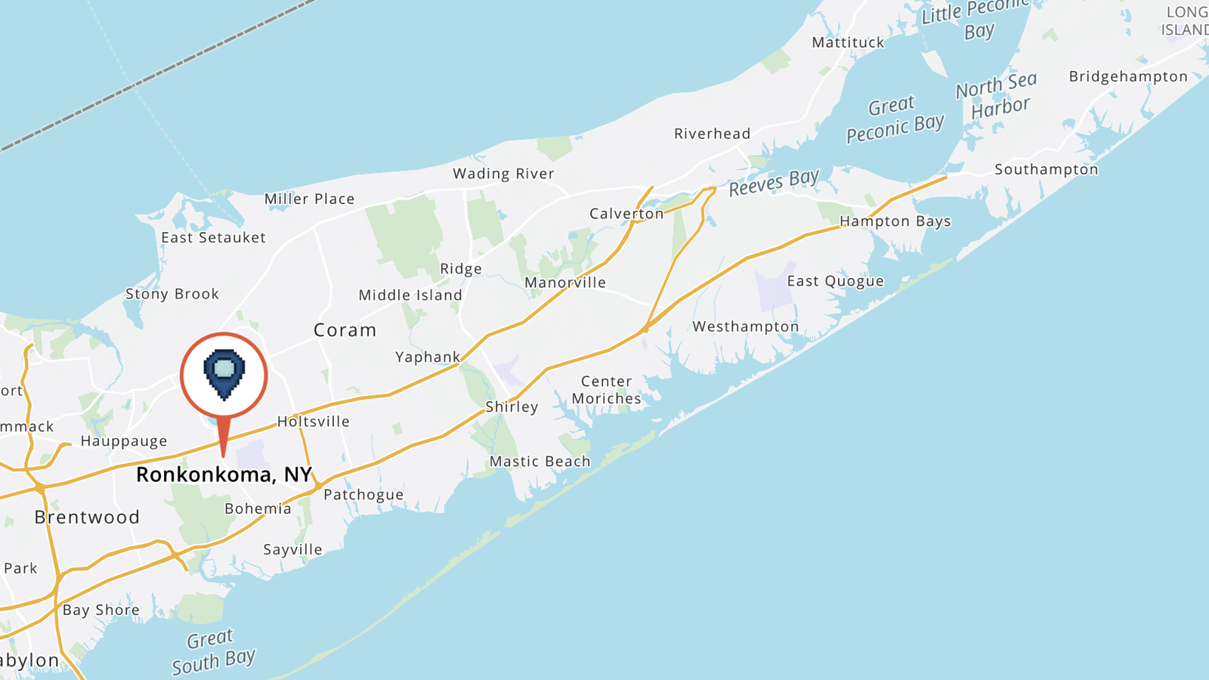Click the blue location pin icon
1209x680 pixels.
tap(224, 373)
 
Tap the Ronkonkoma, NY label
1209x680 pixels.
tap(224, 474)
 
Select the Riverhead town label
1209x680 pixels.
tap(712, 134)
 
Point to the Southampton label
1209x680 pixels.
tap(1046, 169)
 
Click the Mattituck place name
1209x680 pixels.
tap(848, 42)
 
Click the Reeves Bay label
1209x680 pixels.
tap(773, 182)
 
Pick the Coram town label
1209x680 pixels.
tap(345, 330)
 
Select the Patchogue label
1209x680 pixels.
tap(363, 495)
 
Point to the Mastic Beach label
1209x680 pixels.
tap(540, 461)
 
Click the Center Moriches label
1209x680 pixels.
tap(606, 390)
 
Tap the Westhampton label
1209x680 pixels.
tap(745, 326)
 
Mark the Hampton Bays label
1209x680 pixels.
tap(895, 221)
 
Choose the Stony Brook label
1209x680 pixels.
tap(172, 294)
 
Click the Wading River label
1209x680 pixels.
tap(503, 174)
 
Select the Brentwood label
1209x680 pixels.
tap(87, 518)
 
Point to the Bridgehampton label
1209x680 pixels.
tap(1128, 76)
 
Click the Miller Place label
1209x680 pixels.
tap(309, 199)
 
